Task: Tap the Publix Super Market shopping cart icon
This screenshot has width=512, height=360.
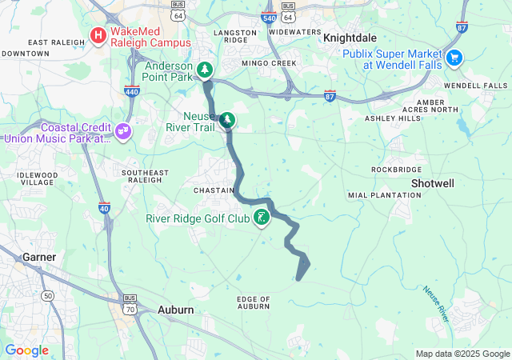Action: (454, 57)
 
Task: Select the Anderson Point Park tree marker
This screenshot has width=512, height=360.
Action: (206, 70)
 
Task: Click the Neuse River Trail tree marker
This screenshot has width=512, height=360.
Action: (228, 120)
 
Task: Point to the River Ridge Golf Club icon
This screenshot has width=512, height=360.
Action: (261, 218)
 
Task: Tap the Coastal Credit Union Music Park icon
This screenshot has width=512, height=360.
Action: (122, 130)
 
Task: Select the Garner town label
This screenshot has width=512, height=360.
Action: (38, 257)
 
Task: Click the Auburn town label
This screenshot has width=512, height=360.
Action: (175, 310)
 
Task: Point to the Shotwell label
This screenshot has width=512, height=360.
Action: (432, 183)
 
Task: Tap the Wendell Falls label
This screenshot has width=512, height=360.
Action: (475, 86)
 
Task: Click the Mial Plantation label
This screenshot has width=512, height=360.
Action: (379, 195)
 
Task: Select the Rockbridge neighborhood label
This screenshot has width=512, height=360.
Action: (396, 170)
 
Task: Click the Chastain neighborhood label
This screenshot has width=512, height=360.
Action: (214, 190)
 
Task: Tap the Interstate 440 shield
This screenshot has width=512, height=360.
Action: (132, 92)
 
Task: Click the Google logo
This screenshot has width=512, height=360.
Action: (26, 350)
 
